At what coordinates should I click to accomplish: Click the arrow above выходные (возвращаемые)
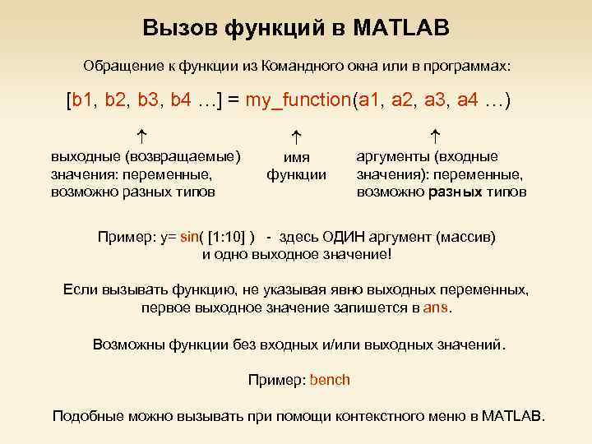(x=142, y=132)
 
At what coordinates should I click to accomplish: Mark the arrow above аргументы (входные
(x=436, y=132)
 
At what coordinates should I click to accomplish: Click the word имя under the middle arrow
(x=297, y=160)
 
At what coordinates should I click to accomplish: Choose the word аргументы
(x=393, y=156)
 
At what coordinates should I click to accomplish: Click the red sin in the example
(x=189, y=238)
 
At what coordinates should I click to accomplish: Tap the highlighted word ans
(x=437, y=308)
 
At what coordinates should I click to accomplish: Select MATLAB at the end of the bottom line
(x=512, y=415)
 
